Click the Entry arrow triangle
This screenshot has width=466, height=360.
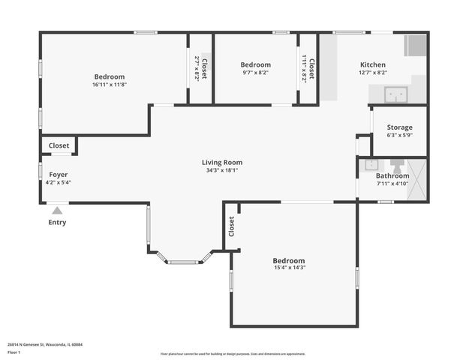click(x=57, y=211)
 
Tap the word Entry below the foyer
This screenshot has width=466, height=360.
click(x=57, y=222)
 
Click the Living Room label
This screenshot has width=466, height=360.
click(x=222, y=162)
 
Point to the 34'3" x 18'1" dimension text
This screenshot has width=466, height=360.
click(x=222, y=170)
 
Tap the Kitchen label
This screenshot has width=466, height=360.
click(x=372, y=65)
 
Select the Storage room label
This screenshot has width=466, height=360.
click(x=399, y=127)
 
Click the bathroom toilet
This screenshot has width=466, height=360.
click(x=396, y=164)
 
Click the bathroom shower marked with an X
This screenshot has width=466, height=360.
click(x=418, y=180)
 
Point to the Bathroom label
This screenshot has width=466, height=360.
click(x=392, y=176)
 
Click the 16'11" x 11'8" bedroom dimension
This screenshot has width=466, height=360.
click(x=109, y=85)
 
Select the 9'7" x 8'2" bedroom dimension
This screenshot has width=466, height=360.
click(x=255, y=73)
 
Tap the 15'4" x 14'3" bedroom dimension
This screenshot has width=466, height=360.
click(x=288, y=268)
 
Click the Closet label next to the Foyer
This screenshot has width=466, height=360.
click(x=59, y=145)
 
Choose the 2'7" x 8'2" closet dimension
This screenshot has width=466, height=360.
click(x=197, y=68)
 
